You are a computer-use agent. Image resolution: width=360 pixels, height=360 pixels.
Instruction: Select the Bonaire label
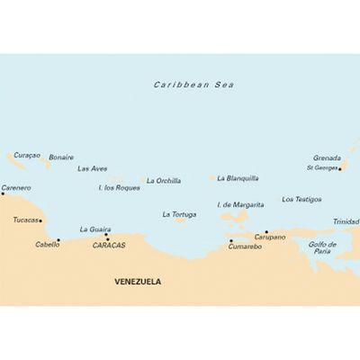pyautogui.click(x=61, y=157)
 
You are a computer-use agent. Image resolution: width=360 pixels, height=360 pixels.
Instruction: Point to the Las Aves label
pyautogui.click(x=93, y=168)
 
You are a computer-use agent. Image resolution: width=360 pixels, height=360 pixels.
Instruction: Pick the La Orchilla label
pyautogui.click(x=164, y=180)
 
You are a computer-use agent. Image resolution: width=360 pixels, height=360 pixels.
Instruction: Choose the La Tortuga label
pyautogui.click(x=179, y=214)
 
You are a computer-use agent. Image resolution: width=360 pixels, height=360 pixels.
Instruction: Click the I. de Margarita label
pyautogui.click(x=240, y=204)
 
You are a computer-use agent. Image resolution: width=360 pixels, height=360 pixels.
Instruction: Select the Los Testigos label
pyautogui.click(x=300, y=199)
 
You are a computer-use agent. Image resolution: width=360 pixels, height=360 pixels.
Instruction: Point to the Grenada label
pyautogui.click(x=328, y=156)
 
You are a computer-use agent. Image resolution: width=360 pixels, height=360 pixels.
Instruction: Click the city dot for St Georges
pyautogui.click(x=340, y=167)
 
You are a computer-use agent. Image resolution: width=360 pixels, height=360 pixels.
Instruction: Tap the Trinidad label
pyautogui.click(x=346, y=221)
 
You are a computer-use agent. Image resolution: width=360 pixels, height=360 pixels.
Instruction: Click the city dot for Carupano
pyautogui.click(x=265, y=231)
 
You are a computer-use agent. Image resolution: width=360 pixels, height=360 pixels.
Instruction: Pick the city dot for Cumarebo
pyautogui.click(x=230, y=240)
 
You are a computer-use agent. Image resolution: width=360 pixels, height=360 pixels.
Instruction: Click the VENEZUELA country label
pyautogui.click(x=138, y=281)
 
